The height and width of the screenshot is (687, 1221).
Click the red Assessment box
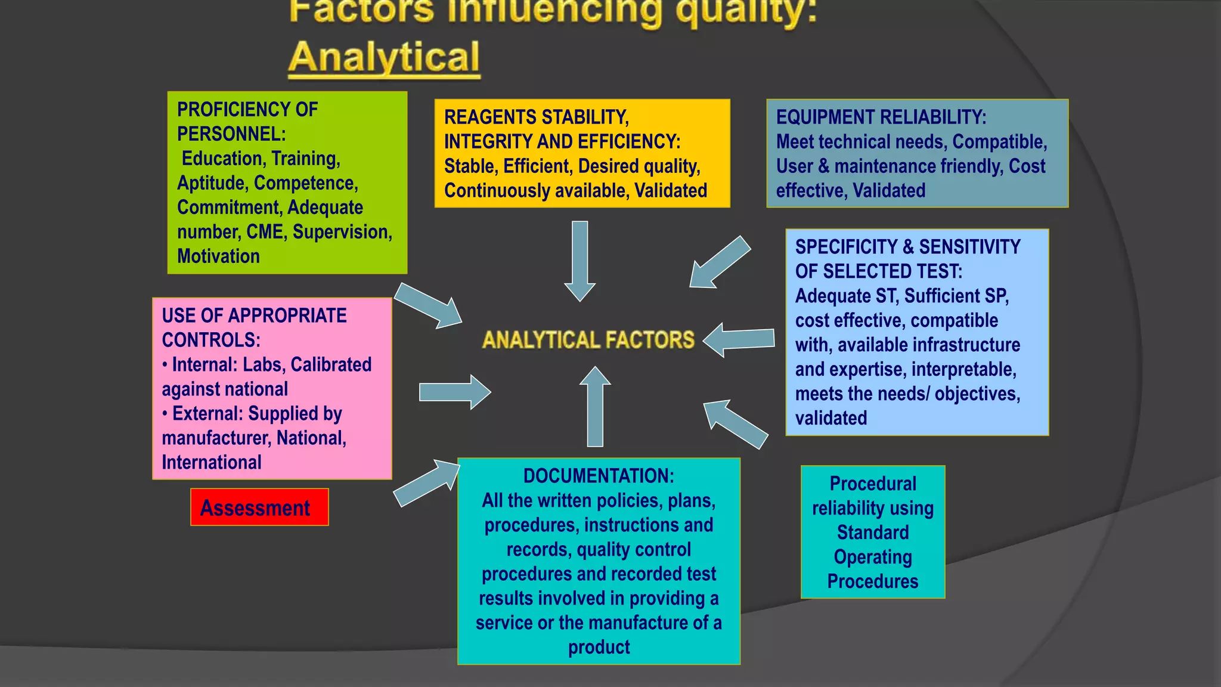[259, 507]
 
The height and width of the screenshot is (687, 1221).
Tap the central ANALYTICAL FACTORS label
[588, 340]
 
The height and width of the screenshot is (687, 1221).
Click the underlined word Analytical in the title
[384, 58]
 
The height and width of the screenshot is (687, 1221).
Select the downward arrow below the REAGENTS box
[579, 260]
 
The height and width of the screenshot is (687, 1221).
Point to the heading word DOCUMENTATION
[598, 476]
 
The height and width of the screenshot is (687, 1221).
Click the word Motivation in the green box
[218, 256]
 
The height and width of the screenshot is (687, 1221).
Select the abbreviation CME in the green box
[266, 232]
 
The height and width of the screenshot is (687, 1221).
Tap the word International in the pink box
[212, 463]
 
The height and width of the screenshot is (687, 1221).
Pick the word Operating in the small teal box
[873, 557]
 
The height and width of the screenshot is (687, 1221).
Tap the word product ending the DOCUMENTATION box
[599, 648]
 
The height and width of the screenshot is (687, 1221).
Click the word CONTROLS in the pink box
[210, 340]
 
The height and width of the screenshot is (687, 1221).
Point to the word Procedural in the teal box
[873, 484]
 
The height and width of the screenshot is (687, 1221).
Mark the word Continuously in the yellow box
[499, 191]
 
